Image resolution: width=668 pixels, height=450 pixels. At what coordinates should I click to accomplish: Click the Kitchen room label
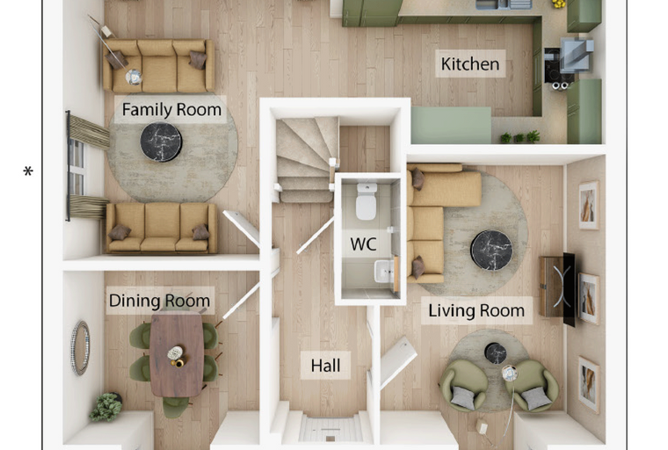pyautogui.click(x=470, y=64)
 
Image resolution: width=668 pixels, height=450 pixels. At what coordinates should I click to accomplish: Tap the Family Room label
pyautogui.click(x=171, y=110)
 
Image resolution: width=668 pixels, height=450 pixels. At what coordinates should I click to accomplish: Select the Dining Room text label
pyautogui.click(x=159, y=301)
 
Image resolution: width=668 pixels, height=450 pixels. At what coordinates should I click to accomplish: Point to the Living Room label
pyautogui.click(x=476, y=310)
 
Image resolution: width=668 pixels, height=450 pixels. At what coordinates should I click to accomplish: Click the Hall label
pyautogui.click(x=325, y=366)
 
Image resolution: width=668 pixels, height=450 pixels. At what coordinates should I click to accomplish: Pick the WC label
pyautogui.click(x=363, y=244)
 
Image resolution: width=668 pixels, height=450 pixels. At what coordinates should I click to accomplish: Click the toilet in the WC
pyautogui.click(x=367, y=201)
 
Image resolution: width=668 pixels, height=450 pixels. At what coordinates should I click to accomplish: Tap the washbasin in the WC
pyautogui.click(x=384, y=272)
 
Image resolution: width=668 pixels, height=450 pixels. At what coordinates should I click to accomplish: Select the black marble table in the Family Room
pyautogui.click(x=161, y=142)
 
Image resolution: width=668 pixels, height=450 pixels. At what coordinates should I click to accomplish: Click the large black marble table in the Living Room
pyautogui.click(x=491, y=250)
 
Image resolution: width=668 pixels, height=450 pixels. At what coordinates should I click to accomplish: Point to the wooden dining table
pyautogui.click(x=177, y=355)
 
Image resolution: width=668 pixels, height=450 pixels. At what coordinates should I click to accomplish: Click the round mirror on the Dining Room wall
pyautogui.click(x=80, y=348)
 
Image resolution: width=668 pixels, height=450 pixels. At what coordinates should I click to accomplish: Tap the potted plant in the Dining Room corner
pyautogui.click(x=106, y=407)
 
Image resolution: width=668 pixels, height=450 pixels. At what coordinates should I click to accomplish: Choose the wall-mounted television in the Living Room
pyautogui.click(x=569, y=289)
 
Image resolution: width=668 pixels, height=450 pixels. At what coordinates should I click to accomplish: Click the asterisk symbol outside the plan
pyautogui.click(x=28, y=171)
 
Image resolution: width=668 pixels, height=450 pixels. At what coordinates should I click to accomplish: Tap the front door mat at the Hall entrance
pyautogui.click(x=330, y=428)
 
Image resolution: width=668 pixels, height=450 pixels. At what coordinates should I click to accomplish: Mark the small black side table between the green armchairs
pyautogui.click(x=496, y=353)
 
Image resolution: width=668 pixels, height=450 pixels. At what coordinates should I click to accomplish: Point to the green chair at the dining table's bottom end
pyautogui.click(x=176, y=407)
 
